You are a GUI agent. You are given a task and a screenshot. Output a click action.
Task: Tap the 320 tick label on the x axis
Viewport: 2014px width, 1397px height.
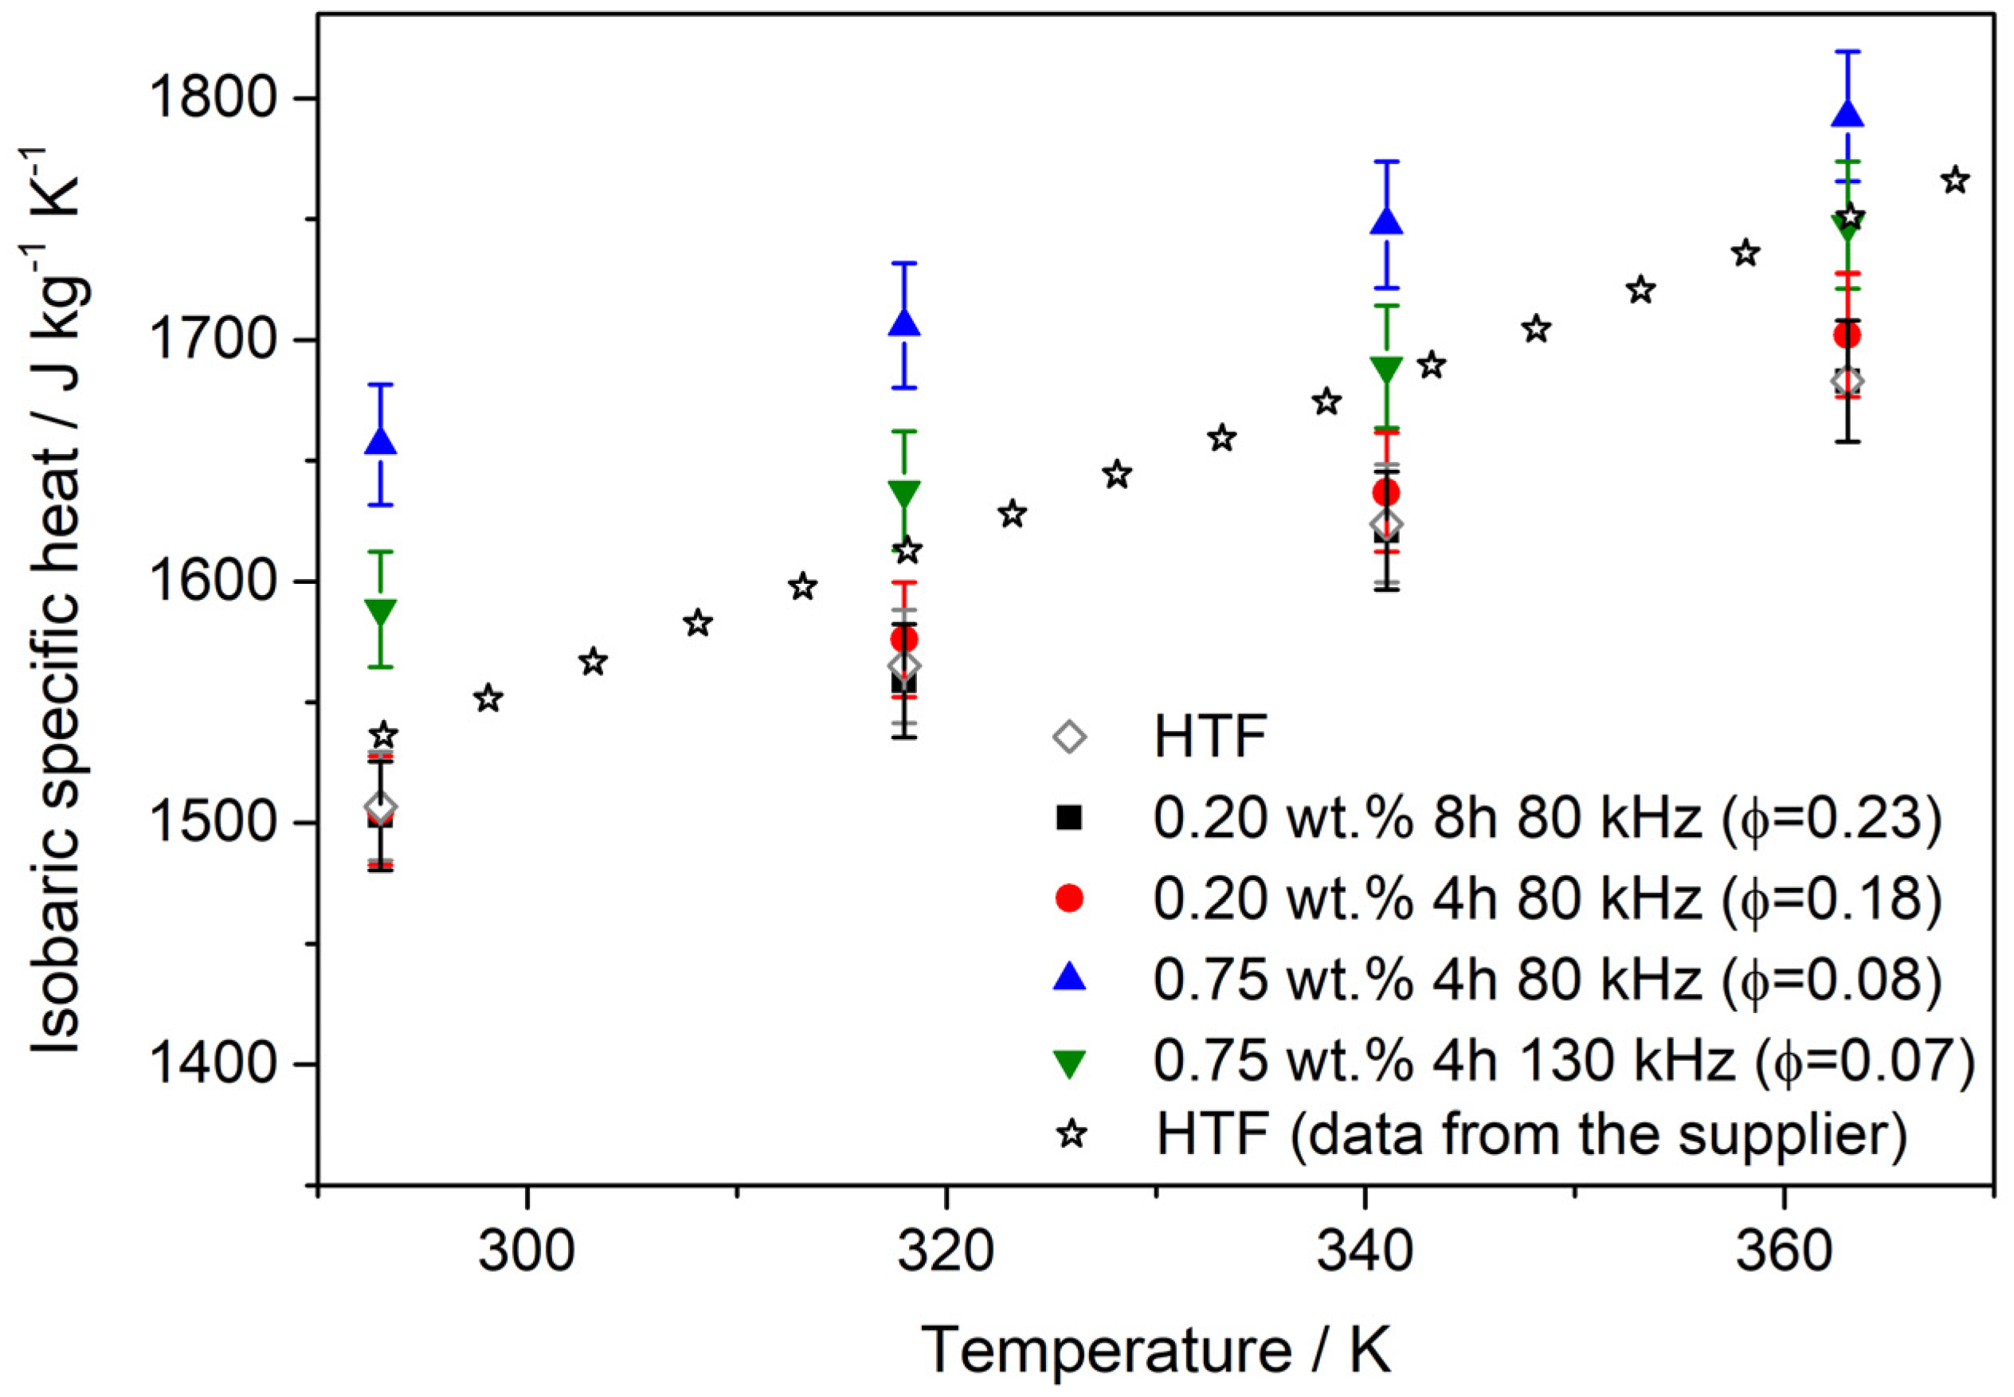tap(946, 1253)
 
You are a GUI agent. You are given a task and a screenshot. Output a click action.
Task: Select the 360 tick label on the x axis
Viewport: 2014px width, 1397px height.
tap(1784, 1253)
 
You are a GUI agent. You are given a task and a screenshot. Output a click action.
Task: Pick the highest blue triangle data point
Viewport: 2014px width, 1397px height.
tap(1847, 114)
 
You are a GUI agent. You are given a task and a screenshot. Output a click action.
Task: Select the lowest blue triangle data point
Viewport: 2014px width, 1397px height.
tap(380, 441)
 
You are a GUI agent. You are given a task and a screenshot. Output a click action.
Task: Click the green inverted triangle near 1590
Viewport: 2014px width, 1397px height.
tap(380, 612)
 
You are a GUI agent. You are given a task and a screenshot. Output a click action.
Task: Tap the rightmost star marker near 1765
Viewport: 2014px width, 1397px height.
tap(1955, 181)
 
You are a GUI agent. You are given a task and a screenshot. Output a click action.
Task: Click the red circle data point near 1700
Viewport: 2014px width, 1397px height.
tap(1847, 335)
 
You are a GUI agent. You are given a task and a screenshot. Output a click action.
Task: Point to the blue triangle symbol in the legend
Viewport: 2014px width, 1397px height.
tap(1069, 979)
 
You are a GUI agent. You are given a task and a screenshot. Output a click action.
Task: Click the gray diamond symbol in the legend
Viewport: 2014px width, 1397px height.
tap(1069, 737)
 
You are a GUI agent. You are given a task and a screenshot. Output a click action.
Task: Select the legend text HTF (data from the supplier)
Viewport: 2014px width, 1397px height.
tap(1530, 1134)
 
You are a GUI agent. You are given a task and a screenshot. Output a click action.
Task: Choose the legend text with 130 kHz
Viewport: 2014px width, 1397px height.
tap(1563, 1061)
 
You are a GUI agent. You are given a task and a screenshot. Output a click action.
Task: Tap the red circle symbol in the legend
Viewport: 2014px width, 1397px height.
tap(1069, 898)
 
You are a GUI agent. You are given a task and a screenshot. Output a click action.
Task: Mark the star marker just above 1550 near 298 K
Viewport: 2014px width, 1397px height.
tap(488, 699)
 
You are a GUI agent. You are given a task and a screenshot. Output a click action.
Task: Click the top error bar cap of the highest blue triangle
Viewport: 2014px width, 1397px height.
tap(1847, 51)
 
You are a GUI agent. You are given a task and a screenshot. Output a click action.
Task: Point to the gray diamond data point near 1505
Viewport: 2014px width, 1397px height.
tap(380, 806)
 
